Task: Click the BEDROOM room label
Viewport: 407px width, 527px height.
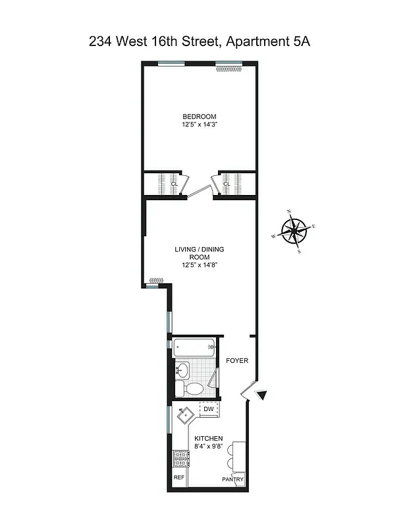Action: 199,117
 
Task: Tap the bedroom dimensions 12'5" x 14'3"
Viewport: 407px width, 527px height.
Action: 199,125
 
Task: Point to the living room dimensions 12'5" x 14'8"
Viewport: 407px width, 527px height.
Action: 199,265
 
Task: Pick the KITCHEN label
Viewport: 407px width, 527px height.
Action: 208,439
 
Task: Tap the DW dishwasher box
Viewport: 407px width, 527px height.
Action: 208,409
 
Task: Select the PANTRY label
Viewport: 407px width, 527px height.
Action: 232,480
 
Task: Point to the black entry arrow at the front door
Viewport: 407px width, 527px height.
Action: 262,395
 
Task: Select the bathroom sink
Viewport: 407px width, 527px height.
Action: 182,368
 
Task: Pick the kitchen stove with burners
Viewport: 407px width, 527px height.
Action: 180,457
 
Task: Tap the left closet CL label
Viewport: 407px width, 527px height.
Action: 174,184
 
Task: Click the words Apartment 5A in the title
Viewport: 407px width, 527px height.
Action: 268,42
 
